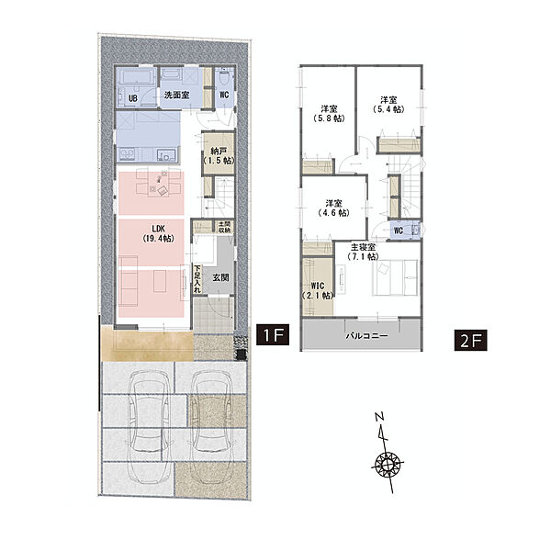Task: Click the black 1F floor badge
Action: (273, 334)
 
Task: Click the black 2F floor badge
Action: (470, 340)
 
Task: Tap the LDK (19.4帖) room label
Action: (159, 233)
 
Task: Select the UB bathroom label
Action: (133, 98)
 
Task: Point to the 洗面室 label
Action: (176, 95)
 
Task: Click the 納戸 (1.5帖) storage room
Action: (219, 156)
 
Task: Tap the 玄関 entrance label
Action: (220, 277)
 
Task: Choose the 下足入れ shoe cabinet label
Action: (197, 278)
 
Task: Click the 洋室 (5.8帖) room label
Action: (329, 113)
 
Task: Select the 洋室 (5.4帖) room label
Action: (388, 105)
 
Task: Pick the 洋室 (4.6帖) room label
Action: (334, 208)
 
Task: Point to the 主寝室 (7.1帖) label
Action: (363, 252)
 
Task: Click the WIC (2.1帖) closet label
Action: (318, 290)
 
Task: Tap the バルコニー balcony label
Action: (367, 335)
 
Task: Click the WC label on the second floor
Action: (399, 231)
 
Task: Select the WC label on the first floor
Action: (224, 95)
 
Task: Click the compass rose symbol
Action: (388, 464)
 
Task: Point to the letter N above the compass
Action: (379, 417)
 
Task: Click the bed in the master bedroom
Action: (395, 277)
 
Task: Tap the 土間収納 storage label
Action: (222, 227)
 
